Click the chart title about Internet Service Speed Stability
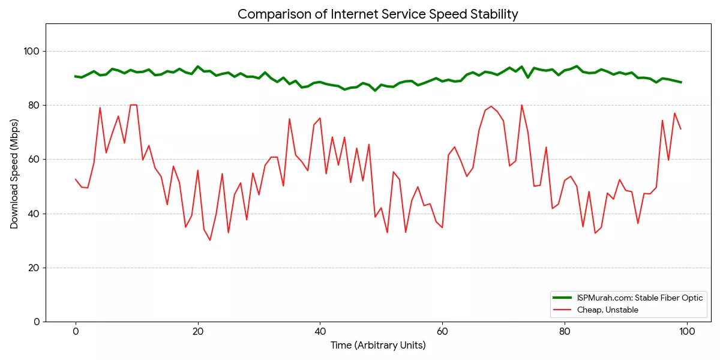point(377,14)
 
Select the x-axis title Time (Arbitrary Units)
point(378,345)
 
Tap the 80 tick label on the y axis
point(34,106)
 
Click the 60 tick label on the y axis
point(34,160)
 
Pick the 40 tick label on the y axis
point(34,214)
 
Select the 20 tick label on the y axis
point(34,268)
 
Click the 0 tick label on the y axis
point(37,322)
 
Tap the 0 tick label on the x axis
point(76,331)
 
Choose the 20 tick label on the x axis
point(198,331)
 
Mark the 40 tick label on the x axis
point(320,331)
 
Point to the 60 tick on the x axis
point(442,331)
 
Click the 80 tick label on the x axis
point(565,331)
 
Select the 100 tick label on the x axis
point(687,331)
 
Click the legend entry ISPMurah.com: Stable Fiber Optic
point(640,298)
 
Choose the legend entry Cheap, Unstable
point(607,310)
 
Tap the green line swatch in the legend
point(562,298)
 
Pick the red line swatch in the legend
point(562,310)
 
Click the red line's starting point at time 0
point(76,179)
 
